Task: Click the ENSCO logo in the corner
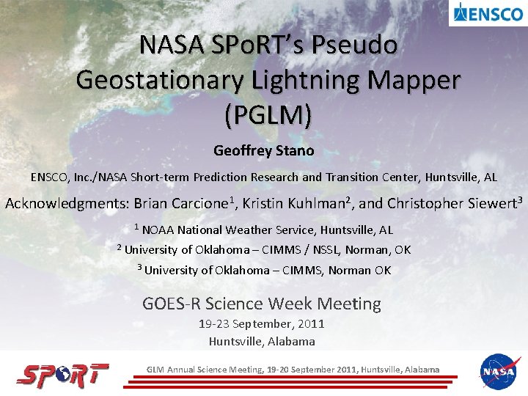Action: (x=488, y=13)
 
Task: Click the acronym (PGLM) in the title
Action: (x=268, y=114)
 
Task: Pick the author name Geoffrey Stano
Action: (x=263, y=151)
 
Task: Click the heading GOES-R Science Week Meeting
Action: (x=262, y=303)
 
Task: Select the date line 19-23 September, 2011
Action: (x=262, y=324)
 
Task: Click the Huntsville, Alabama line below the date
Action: (x=262, y=341)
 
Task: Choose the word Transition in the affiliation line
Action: (x=351, y=177)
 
